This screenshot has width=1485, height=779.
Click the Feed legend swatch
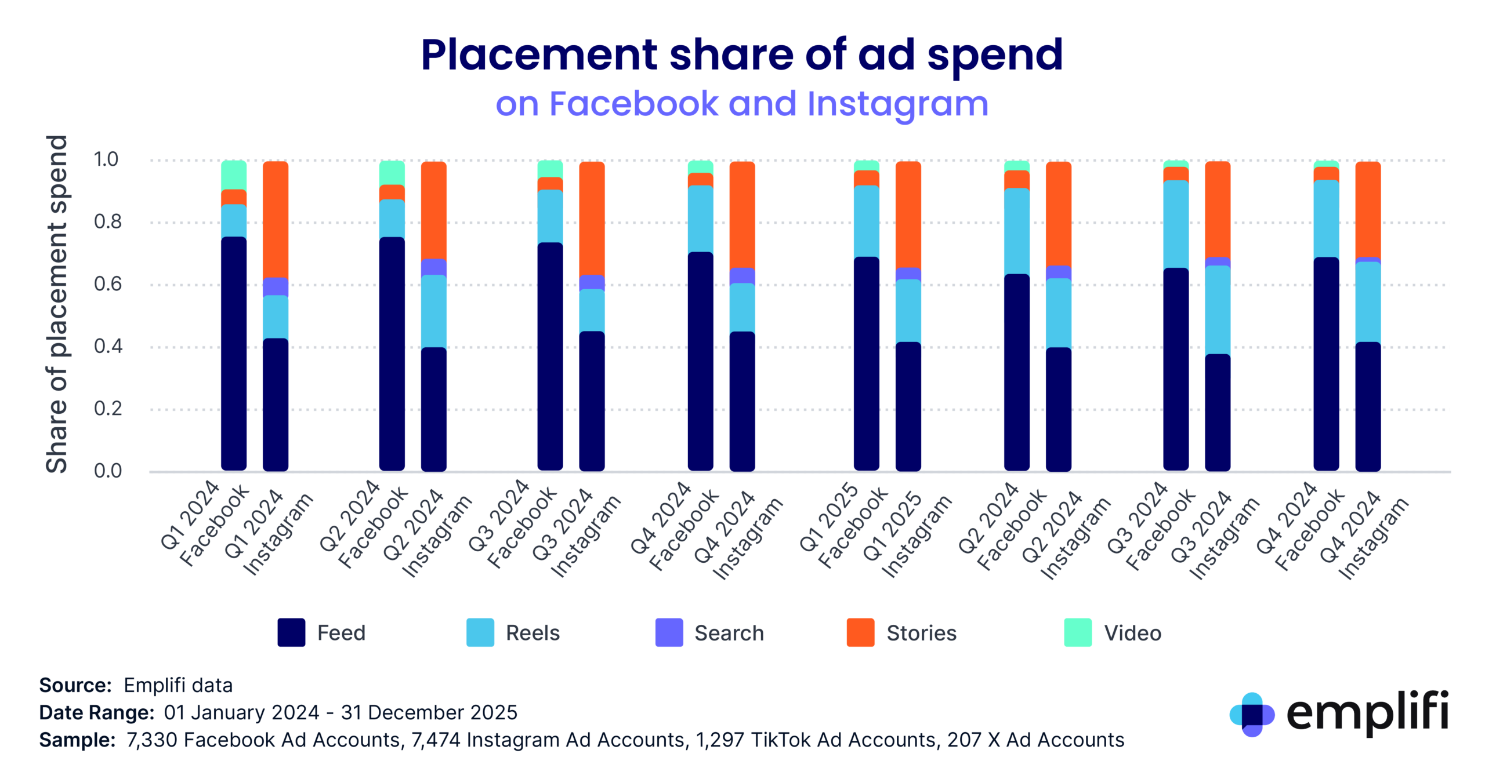click(291, 632)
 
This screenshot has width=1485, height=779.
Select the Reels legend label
click(532, 633)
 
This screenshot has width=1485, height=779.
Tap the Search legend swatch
click(668, 632)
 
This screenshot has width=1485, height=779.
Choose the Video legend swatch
click(1077, 632)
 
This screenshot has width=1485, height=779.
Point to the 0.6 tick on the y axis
click(108, 284)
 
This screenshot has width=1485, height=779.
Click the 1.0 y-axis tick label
click(106, 159)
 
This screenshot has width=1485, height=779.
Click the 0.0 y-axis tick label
click(108, 471)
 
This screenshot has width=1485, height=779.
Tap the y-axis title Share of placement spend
click(57, 304)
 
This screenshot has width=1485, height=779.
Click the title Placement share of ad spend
click(741, 55)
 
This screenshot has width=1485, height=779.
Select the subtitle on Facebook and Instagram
click(741, 104)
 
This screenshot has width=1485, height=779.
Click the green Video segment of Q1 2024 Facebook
click(234, 174)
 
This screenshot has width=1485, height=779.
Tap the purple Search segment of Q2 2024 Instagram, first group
click(433, 267)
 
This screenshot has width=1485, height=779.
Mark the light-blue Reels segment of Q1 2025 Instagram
click(908, 311)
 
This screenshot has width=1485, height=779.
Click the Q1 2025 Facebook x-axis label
click(843, 526)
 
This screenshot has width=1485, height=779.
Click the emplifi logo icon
click(1251, 714)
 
